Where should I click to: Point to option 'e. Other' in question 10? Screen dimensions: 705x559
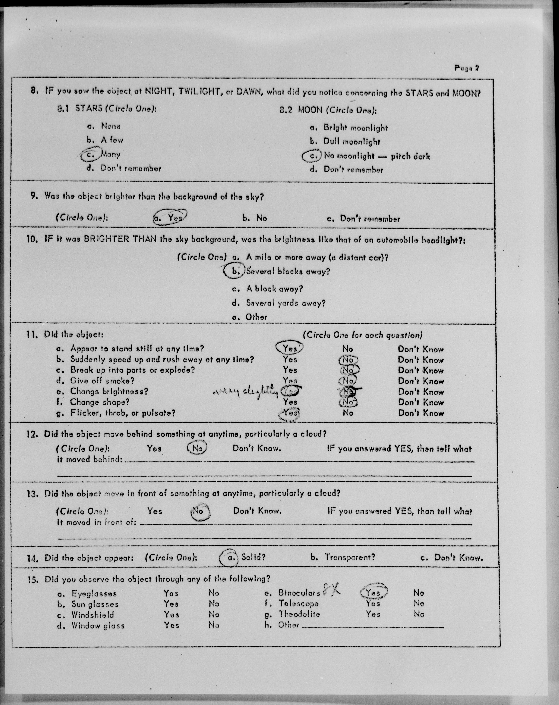coord(250,317)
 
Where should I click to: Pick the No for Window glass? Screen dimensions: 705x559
coord(214,625)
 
